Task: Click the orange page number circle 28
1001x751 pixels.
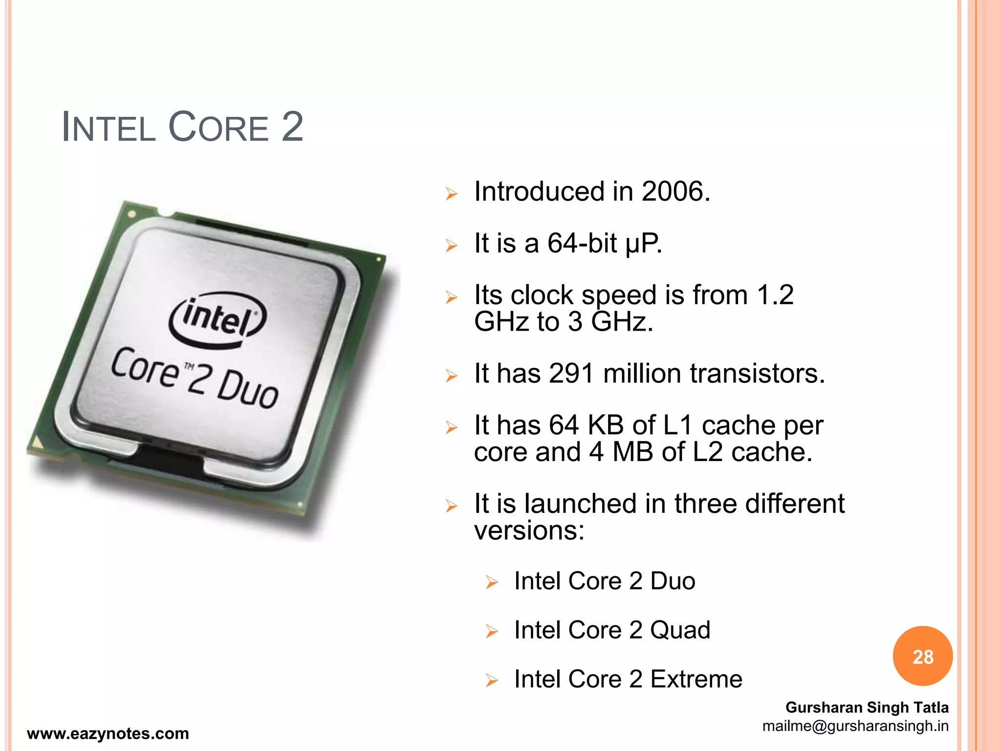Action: pyautogui.click(x=922, y=656)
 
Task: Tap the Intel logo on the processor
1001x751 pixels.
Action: pyautogui.click(x=218, y=319)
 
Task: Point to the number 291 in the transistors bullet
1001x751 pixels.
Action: pyautogui.click(x=570, y=374)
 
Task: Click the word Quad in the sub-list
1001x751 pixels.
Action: pyautogui.click(x=680, y=630)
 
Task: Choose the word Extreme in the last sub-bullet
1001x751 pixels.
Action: pyautogui.click(x=696, y=679)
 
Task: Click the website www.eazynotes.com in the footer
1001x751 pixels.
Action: pyautogui.click(x=108, y=733)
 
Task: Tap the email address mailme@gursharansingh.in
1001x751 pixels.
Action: pyautogui.click(x=855, y=726)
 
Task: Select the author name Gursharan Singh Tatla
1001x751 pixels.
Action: pyautogui.click(x=867, y=707)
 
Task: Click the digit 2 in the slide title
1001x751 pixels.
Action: pyautogui.click(x=292, y=127)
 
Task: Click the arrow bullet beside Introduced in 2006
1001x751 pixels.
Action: pyautogui.click(x=451, y=194)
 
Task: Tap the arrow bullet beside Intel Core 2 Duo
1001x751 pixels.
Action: pyautogui.click(x=491, y=582)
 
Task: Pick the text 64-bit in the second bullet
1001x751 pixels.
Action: pyautogui.click(x=582, y=243)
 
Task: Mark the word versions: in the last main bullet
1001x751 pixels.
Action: pyautogui.click(x=529, y=530)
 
